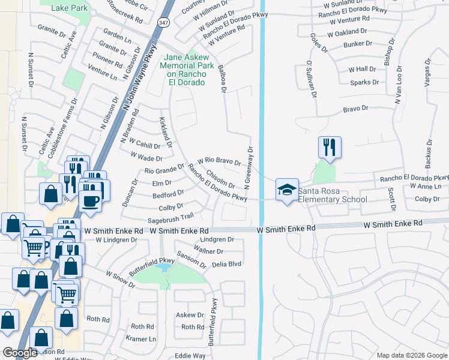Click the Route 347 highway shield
tap(163, 22)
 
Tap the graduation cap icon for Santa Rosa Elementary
tap(287, 190)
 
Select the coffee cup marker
tap(91, 200)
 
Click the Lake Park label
tap(70, 7)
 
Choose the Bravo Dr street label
tap(355, 109)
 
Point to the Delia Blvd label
tap(226, 263)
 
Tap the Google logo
tap(20, 353)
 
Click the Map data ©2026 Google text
tap(411, 355)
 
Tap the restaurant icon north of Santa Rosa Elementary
tap(329, 146)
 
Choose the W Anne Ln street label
tap(426, 187)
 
